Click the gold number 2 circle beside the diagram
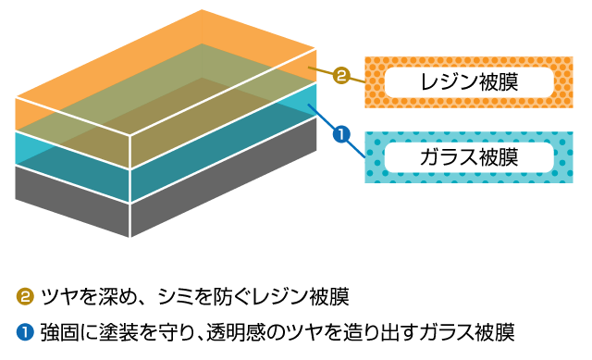(x=341, y=76)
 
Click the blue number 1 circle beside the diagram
(x=341, y=135)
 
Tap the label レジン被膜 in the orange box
(x=469, y=82)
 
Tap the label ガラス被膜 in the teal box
(x=469, y=157)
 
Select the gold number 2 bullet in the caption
(x=25, y=296)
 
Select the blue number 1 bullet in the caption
(x=25, y=332)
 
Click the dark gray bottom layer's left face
(x=72, y=201)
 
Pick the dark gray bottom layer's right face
(x=224, y=177)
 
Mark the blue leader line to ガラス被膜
(x=337, y=130)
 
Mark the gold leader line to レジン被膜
(x=337, y=75)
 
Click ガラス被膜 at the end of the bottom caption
(x=468, y=333)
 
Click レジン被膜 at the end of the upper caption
(x=302, y=296)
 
